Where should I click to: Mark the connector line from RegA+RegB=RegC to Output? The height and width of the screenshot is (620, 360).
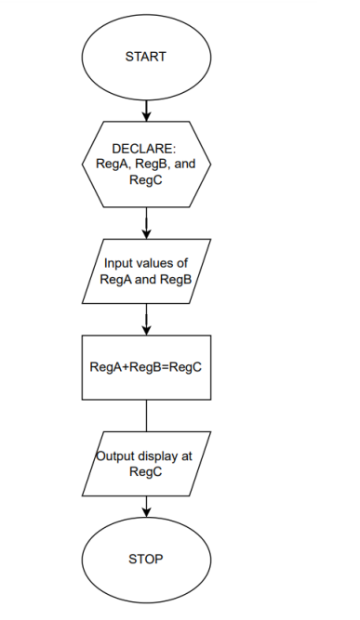pos(146,413)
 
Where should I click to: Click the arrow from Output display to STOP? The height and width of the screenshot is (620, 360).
pos(146,507)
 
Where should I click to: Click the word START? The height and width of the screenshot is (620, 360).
pos(145,57)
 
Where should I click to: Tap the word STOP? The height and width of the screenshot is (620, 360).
pos(145,559)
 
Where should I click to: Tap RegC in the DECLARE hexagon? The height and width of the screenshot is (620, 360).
pos(146,179)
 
